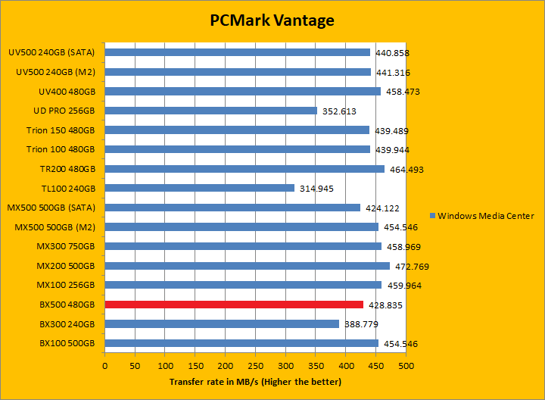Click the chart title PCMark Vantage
(272, 20)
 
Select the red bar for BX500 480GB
(234, 305)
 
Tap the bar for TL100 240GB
(200, 188)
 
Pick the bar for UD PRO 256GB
(211, 111)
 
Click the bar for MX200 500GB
(248, 266)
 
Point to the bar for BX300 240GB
(222, 323)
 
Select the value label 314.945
(316, 188)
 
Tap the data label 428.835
(385, 305)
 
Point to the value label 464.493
(406, 169)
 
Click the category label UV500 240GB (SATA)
(51, 52)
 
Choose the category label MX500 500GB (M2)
(55, 227)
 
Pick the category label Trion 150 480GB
(61, 130)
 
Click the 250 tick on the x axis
(256, 365)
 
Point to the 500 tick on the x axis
(406, 365)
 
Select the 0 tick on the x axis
(105, 365)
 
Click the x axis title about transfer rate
(256, 382)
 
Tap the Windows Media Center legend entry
(481, 216)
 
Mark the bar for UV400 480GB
(243, 92)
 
